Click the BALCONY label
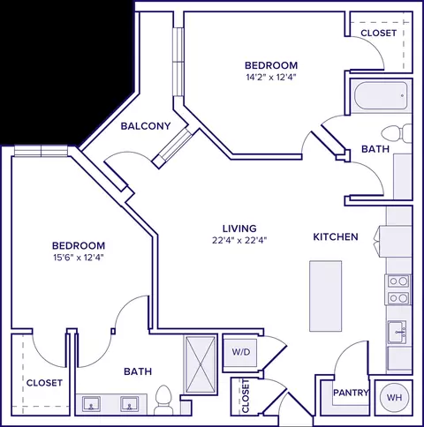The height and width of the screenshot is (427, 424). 146,126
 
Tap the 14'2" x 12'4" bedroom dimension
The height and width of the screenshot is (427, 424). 271,78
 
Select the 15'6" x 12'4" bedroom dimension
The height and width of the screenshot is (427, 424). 79,258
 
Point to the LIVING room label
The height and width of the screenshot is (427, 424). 239,228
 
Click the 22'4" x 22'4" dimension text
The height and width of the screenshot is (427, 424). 239,241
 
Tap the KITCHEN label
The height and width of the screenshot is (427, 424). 336,236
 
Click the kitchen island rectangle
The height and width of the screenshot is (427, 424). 326,296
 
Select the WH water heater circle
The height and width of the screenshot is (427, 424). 394,397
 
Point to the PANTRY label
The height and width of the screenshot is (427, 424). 351,393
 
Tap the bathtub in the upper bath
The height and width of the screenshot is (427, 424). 381,95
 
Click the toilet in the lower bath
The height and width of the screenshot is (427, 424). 163,400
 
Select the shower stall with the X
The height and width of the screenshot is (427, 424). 201,364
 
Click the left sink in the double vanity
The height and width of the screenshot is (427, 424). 91,404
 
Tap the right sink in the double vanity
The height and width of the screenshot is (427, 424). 129,404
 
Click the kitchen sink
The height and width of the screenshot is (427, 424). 397,332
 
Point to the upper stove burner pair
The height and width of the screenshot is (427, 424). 398,281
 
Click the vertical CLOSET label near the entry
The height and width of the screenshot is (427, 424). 246,396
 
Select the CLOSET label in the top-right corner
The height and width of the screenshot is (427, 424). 378,33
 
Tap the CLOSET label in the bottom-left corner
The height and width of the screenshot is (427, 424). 44,383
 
